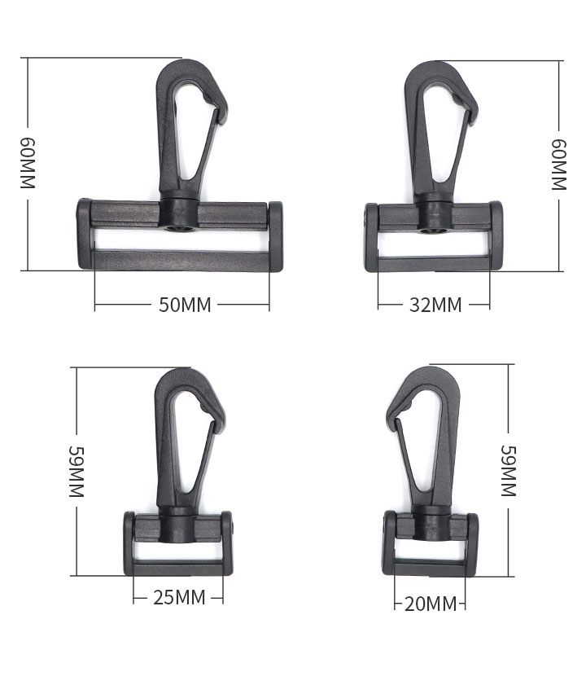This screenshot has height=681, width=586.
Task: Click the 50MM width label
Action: [x=185, y=305]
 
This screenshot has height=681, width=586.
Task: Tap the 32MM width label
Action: [x=435, y=305]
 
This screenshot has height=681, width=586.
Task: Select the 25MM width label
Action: [x=179, y=598]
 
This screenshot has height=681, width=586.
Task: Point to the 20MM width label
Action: [x=431, y=604]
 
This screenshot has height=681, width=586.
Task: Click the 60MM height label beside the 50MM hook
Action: [x=28, y=163]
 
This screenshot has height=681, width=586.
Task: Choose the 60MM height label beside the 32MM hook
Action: [x=559, y=165]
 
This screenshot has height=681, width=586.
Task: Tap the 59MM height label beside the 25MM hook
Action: [x=77, y=472]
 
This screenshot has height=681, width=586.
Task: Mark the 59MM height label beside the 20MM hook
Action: [x=509, y=471]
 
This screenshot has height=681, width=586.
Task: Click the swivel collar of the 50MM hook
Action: [x=179, y=212]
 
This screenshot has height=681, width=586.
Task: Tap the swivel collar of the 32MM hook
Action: [x=434, y=213]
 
